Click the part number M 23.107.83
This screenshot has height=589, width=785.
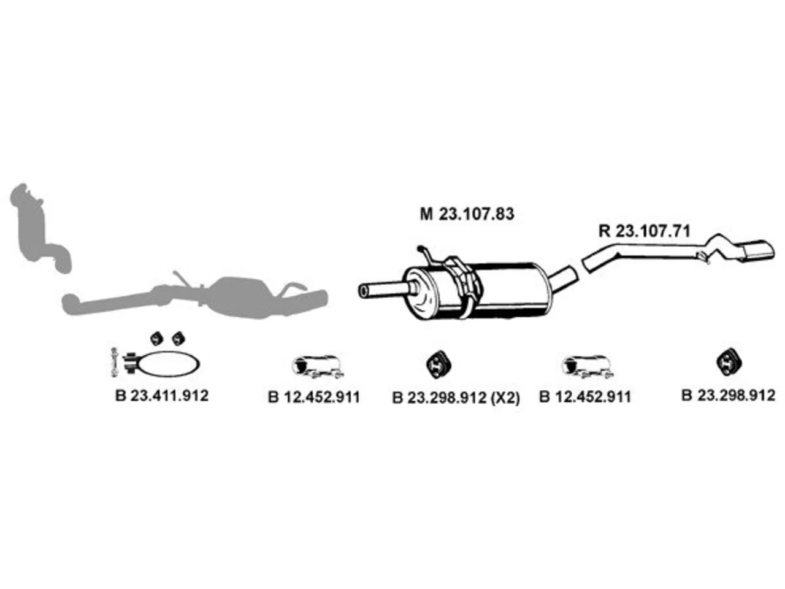467,214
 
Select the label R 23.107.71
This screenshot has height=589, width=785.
644,231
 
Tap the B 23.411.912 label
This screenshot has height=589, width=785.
162,396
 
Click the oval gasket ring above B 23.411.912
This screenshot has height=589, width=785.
167,364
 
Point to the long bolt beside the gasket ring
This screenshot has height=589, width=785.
114,362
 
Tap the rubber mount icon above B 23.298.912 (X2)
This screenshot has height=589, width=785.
438,364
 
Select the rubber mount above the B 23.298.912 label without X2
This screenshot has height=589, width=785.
729,361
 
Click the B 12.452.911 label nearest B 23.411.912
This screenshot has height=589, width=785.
313,398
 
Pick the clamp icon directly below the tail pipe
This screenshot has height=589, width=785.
588,366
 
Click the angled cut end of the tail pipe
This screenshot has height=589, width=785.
586,265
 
